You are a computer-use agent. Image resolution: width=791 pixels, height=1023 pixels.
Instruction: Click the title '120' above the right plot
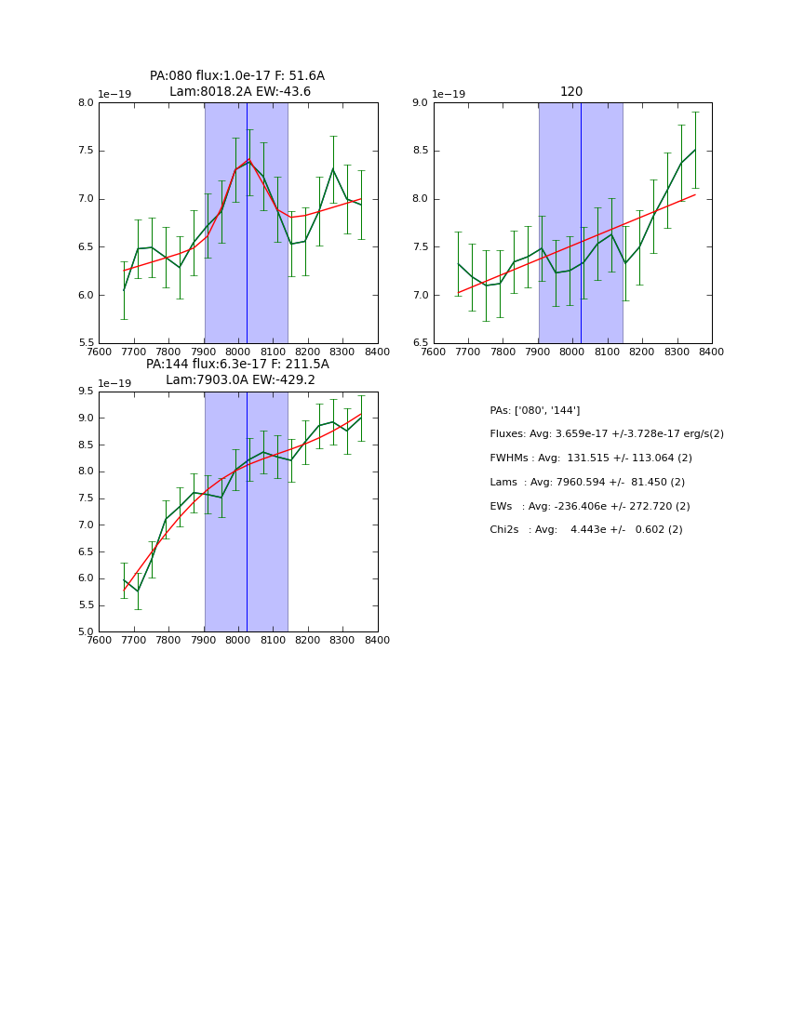[571, 92]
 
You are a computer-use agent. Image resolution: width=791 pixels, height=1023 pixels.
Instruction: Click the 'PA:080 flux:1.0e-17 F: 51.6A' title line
[237, 76]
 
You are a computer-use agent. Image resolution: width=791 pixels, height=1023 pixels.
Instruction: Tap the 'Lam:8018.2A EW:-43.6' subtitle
[240, 92]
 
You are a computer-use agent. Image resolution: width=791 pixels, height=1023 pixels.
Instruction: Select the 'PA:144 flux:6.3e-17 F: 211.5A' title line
[237, 365]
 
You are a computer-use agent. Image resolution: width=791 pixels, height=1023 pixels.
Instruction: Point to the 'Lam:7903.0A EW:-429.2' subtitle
[240, 380]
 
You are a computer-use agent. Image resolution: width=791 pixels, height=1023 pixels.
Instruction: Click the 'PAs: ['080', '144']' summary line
[535, 410]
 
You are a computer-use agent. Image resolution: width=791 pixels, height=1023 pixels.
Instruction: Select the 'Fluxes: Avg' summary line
[607, 434]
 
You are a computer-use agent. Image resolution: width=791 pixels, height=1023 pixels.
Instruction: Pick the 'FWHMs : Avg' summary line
[591, 458]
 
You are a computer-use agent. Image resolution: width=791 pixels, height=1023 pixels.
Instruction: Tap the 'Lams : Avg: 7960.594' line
[587, 483]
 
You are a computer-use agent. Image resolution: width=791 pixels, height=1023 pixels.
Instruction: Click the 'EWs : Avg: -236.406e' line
[590, 507]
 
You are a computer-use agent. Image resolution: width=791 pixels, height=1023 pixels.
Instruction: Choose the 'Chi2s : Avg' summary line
[586, 530]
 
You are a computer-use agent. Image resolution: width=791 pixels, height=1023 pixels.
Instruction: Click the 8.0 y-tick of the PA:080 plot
[86, 103]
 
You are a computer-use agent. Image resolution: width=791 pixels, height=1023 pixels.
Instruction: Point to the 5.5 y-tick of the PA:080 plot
[86, 343]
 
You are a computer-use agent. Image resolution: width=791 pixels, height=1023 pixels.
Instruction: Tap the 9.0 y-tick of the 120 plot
[420, 103]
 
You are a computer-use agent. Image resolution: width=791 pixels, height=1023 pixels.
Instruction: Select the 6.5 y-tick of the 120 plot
[420, 343]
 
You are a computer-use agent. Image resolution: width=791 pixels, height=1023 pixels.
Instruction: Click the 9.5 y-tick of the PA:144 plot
[86, 392]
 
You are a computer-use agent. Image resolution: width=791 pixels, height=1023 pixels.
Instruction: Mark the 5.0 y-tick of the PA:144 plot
[86, 631]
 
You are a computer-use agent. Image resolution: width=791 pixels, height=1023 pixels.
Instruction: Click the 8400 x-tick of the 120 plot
[712, 352]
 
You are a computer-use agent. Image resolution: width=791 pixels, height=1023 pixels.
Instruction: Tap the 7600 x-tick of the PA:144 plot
[99, 641]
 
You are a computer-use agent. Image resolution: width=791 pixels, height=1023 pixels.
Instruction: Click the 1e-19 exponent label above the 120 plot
[448, 95]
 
